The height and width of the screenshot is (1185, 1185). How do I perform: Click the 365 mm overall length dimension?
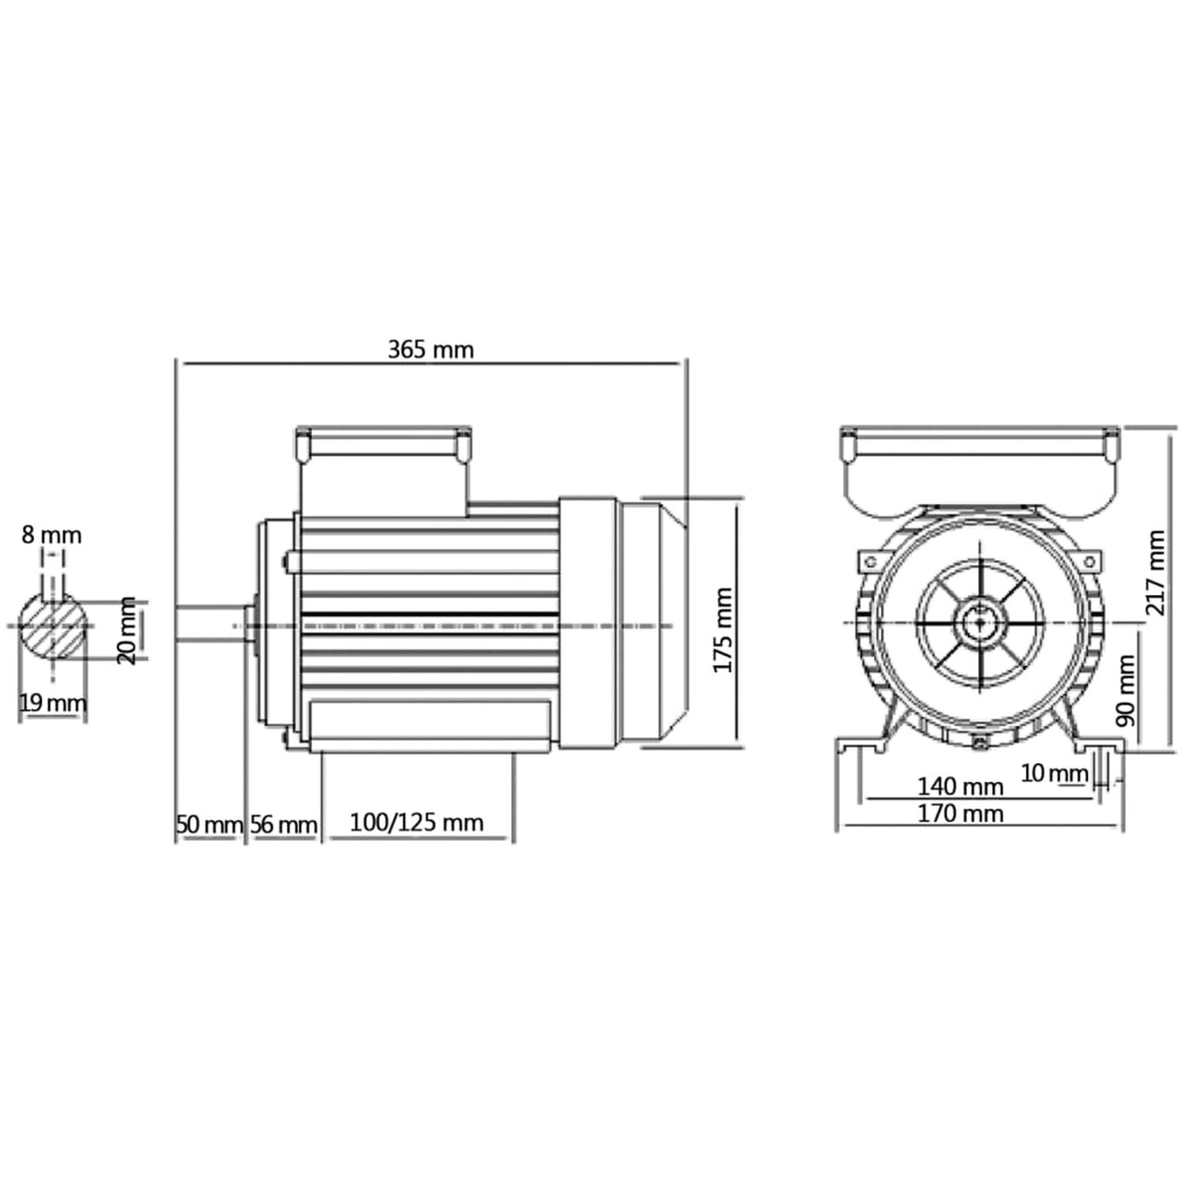431,349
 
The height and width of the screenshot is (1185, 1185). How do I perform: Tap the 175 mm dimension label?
724,630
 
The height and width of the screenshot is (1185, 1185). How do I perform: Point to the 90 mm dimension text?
1126,690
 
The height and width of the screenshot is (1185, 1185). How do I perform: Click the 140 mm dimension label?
960,786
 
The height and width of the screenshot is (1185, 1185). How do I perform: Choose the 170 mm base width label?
960,813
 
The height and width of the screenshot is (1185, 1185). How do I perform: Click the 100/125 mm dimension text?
416,822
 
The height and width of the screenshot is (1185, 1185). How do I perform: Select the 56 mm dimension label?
284,826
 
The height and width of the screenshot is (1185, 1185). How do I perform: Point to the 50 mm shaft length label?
209,826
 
